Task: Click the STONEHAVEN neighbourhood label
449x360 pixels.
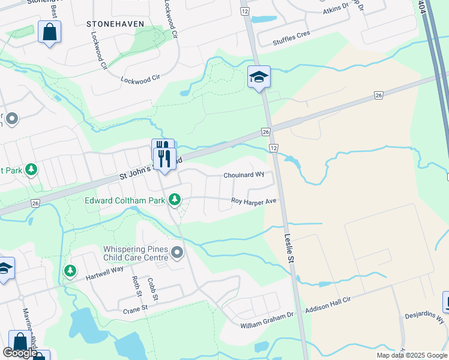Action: pyautogui.click(x=115, y=24)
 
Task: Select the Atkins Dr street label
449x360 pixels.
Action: pyautogui.click(x=336, y=8)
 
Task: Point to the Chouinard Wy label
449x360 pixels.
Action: pyautogui.click(x=244, y=175)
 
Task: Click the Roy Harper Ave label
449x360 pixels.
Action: pyautogui.click(x=253, y=202)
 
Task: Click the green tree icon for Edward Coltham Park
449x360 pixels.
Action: pyautogui.click(x=175, y=199)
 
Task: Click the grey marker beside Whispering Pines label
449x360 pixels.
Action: pyautogui.click(x=177, y=253)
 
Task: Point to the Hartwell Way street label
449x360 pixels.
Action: pyautogui.click(x=104, y=269)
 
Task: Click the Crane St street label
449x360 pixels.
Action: pyautogui.click(x=135, y=308)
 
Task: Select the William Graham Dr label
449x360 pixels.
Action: pyautogui.click(x=267, y=324)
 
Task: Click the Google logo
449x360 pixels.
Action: pyautogui.click(x=20, y=353)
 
